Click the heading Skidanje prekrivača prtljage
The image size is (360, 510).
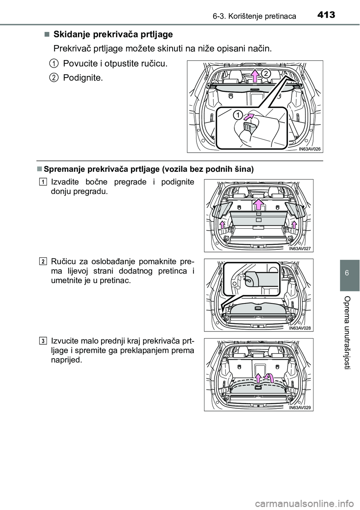click(113, 34)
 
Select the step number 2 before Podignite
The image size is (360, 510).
click(54, 78)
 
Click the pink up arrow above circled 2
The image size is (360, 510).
click(255, 75)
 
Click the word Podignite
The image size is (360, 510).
click(82, 78)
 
